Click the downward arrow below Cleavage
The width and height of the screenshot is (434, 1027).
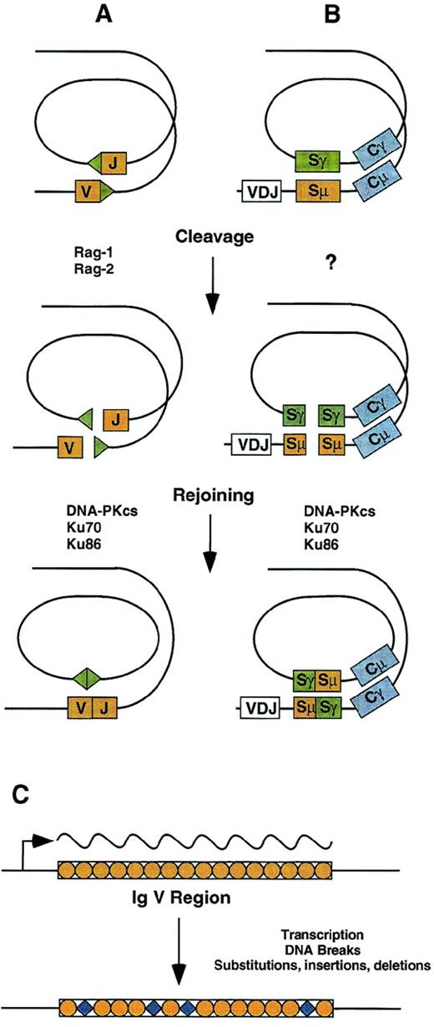[211, 284]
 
